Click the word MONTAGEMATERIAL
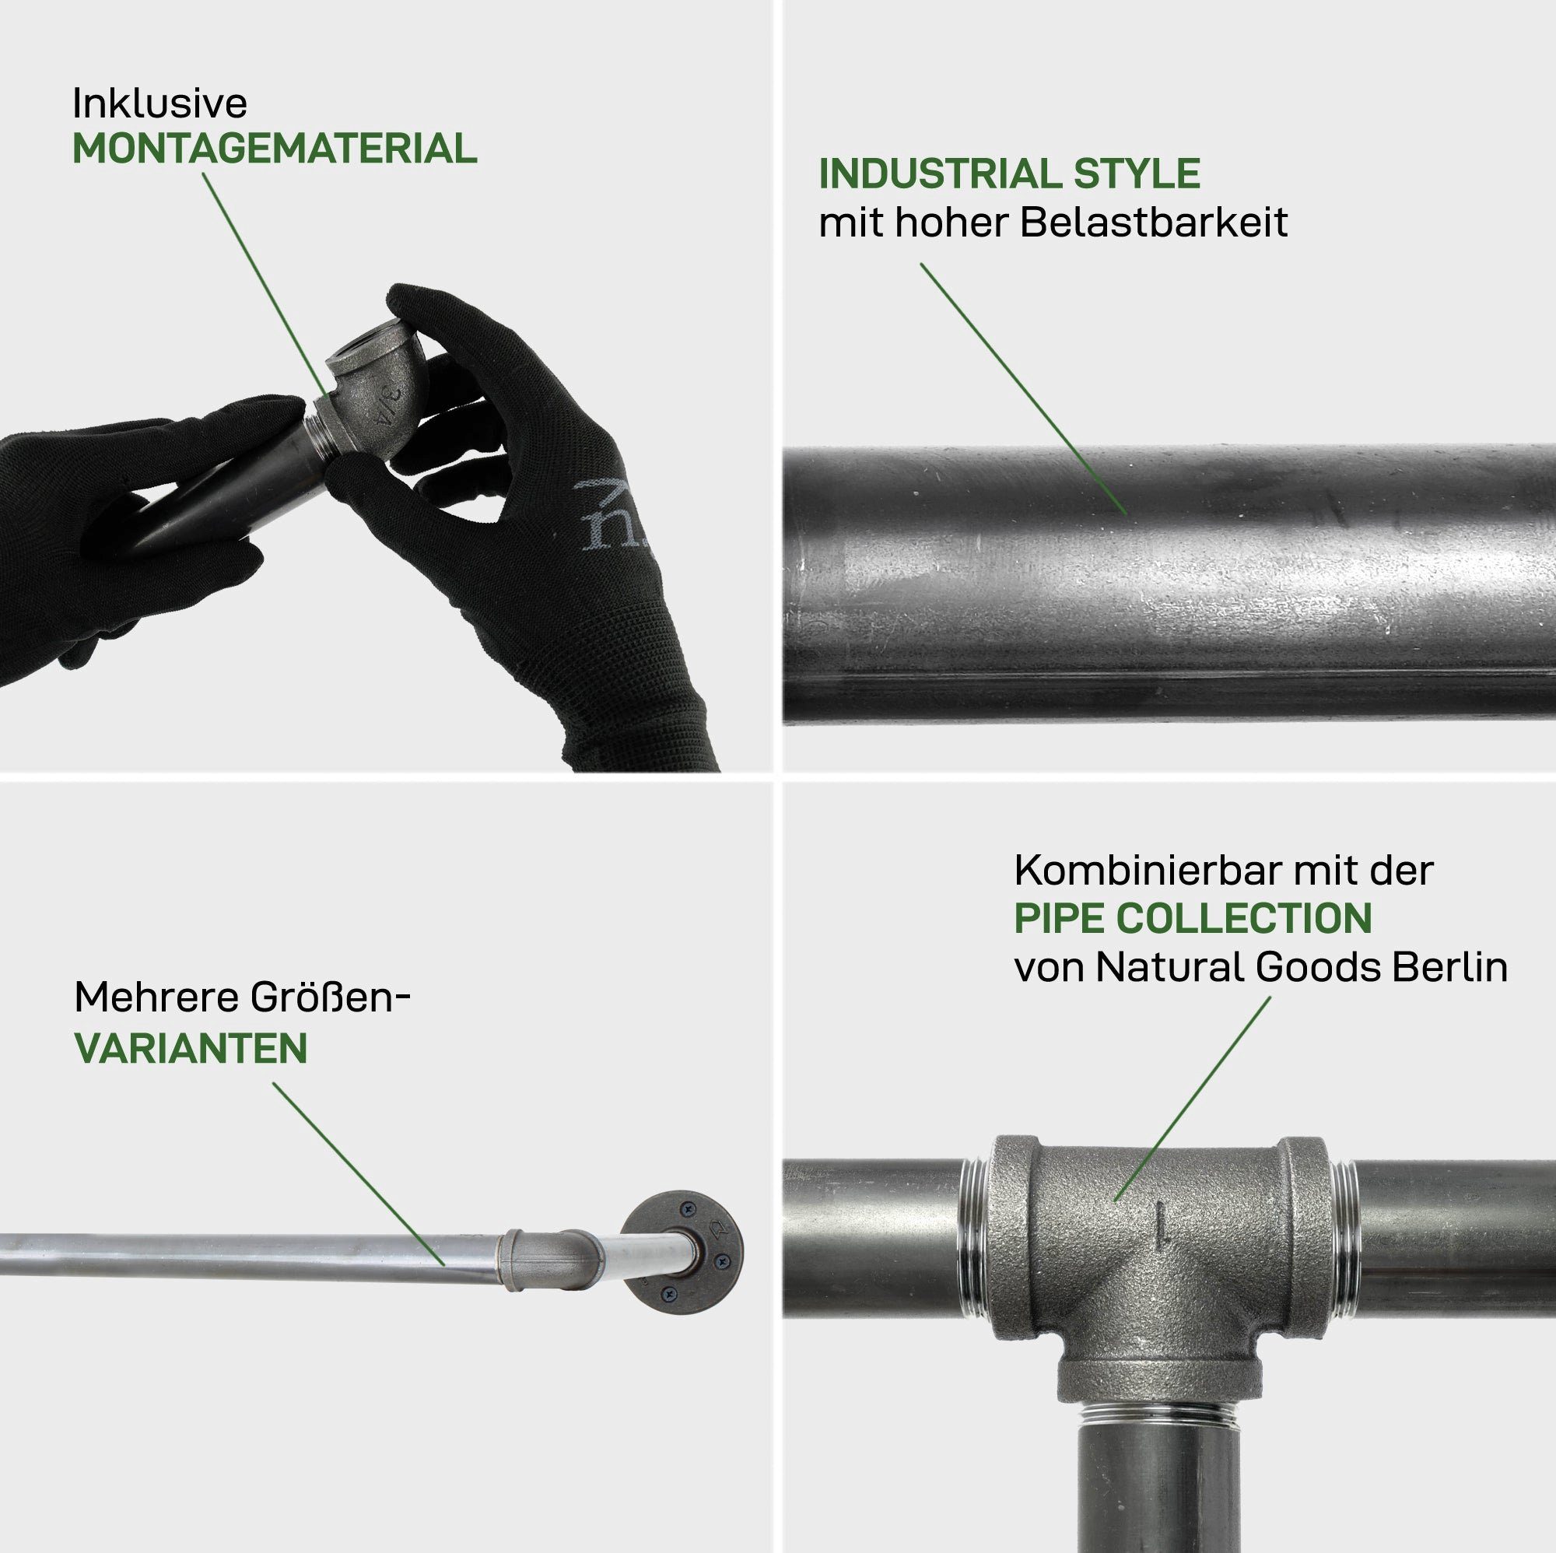[275, 149]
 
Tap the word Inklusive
[159, 103]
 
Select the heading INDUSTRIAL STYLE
[1009, 174]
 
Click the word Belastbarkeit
[1153, 223]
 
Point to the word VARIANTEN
[191, 1048]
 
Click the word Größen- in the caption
[331, 997]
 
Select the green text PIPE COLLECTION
[1193, 918]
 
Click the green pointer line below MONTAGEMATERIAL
[266, 282]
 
